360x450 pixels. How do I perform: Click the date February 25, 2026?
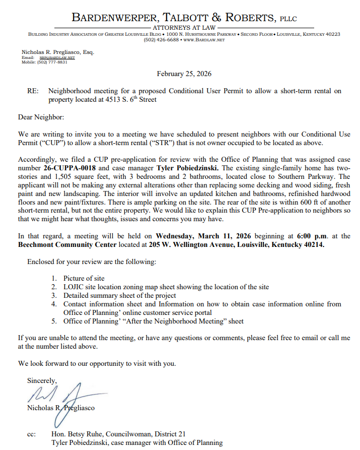[x=184, y=74]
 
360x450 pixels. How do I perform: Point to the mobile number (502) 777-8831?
[x=52, y=62]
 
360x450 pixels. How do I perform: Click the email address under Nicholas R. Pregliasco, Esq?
[x=57, y=57]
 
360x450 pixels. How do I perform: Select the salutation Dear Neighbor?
[x=41, y=117]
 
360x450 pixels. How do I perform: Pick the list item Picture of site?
[x=84, y=278]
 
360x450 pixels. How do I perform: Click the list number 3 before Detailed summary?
[x=54, y=295]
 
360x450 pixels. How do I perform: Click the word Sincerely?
[x=42, y=380]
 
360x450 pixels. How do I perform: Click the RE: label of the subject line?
[x=33, y=91]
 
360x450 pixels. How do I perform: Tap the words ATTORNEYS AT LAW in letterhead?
[x=184, y=28]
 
